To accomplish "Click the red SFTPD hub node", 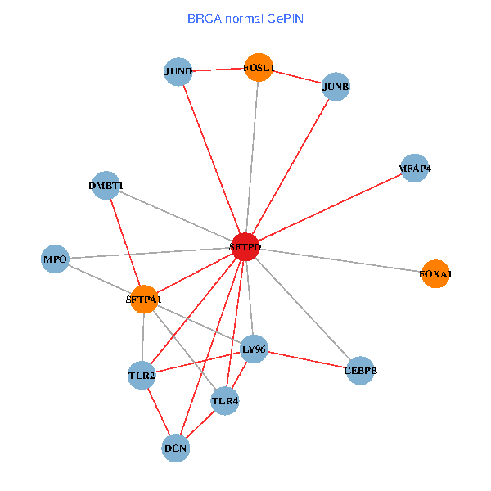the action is click(245, 247).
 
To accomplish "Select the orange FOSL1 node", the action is click(259, 67).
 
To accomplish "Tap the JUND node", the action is click(178, 71).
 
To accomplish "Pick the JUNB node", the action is click(336, 87).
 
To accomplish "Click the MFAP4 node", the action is click(415, 168).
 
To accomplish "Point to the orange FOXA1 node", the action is click(435, 273).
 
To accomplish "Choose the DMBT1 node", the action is click(106, 186).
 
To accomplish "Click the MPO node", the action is click(55, 259).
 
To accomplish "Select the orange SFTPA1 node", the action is click(144, 299).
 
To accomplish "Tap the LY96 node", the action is click(254, 349).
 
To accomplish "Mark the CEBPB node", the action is click(360, 371).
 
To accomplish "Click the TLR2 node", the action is click(142, 375).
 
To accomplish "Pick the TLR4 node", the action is click(225, 401).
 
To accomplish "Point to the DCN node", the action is click(176, 448).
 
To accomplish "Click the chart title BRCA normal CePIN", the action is click(245, 19).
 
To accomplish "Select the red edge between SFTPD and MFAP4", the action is click(331, 208).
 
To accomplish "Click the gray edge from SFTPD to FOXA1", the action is click(340, 260).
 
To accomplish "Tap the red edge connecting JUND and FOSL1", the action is click(218, 70).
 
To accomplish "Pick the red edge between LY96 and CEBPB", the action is click(307, 360).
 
